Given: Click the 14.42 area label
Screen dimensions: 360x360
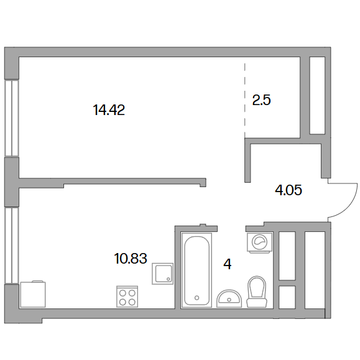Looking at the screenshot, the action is pos(109,110).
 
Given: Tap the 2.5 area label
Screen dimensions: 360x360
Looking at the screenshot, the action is pos(261,100).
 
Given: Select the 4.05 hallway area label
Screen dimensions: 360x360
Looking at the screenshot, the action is pos(288,190).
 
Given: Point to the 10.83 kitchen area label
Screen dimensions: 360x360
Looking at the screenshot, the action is pos(131,258).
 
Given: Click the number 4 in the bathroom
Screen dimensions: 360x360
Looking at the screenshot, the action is pos(228,264).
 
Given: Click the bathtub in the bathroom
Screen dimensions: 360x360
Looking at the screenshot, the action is pos(196,270).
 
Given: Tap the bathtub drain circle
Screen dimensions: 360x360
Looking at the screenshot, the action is pos(196,298).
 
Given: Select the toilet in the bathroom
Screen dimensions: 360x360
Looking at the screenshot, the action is pos(257,292).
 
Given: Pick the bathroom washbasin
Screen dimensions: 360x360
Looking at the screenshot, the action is pos(229,298).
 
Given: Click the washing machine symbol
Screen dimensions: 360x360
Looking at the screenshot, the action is pos(260,242).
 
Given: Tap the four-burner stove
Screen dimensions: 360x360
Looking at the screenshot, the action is pos(127,297).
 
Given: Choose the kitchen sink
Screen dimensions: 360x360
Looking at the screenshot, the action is pos(162,274).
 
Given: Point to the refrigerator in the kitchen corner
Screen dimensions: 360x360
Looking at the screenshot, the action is pos(33,294).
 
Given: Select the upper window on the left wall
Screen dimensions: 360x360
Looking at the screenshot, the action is pos(11,118).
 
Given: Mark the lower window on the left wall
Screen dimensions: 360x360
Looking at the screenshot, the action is pos(11,245).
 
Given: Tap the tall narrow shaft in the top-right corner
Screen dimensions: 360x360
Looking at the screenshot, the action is pos(317,95).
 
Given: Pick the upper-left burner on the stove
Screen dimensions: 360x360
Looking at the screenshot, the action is pos(122,293).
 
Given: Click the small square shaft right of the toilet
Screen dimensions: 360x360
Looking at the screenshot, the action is pos(287,297).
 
